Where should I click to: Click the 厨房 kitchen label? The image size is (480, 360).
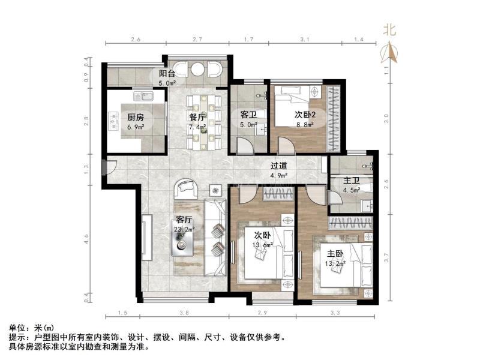[x=136, y=117]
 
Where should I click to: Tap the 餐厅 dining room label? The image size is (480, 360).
[x=197, y=117]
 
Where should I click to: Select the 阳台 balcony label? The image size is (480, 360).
[x=167, y=73]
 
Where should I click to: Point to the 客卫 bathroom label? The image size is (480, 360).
[x=248, y=115]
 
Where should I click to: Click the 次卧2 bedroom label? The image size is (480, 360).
[x=305, y=115]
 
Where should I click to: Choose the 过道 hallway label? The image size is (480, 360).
[x=279, y=166]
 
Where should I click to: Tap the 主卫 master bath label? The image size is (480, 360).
[x=351, y=181]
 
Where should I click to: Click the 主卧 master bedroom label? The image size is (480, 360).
[x=335, y=253]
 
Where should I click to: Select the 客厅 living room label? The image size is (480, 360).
[x=184, y=220]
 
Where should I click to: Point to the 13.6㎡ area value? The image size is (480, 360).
[x=263, y=245]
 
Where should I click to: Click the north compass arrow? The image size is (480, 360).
[x=389, y=53]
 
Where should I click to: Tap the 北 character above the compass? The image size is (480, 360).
[x=389, y=30]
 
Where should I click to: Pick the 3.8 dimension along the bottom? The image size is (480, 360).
[x=184, y=313]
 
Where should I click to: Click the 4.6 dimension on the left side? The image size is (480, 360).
[x=86, y=238]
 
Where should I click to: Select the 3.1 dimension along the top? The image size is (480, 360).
[x=305, y=39]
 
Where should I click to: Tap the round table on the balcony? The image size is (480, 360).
[x=197, y=70]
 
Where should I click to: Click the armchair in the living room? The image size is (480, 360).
[x=186, y=189]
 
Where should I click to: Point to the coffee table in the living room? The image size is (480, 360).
[x=182, y=242]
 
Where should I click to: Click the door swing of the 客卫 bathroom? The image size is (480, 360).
[x=245, y=145]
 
